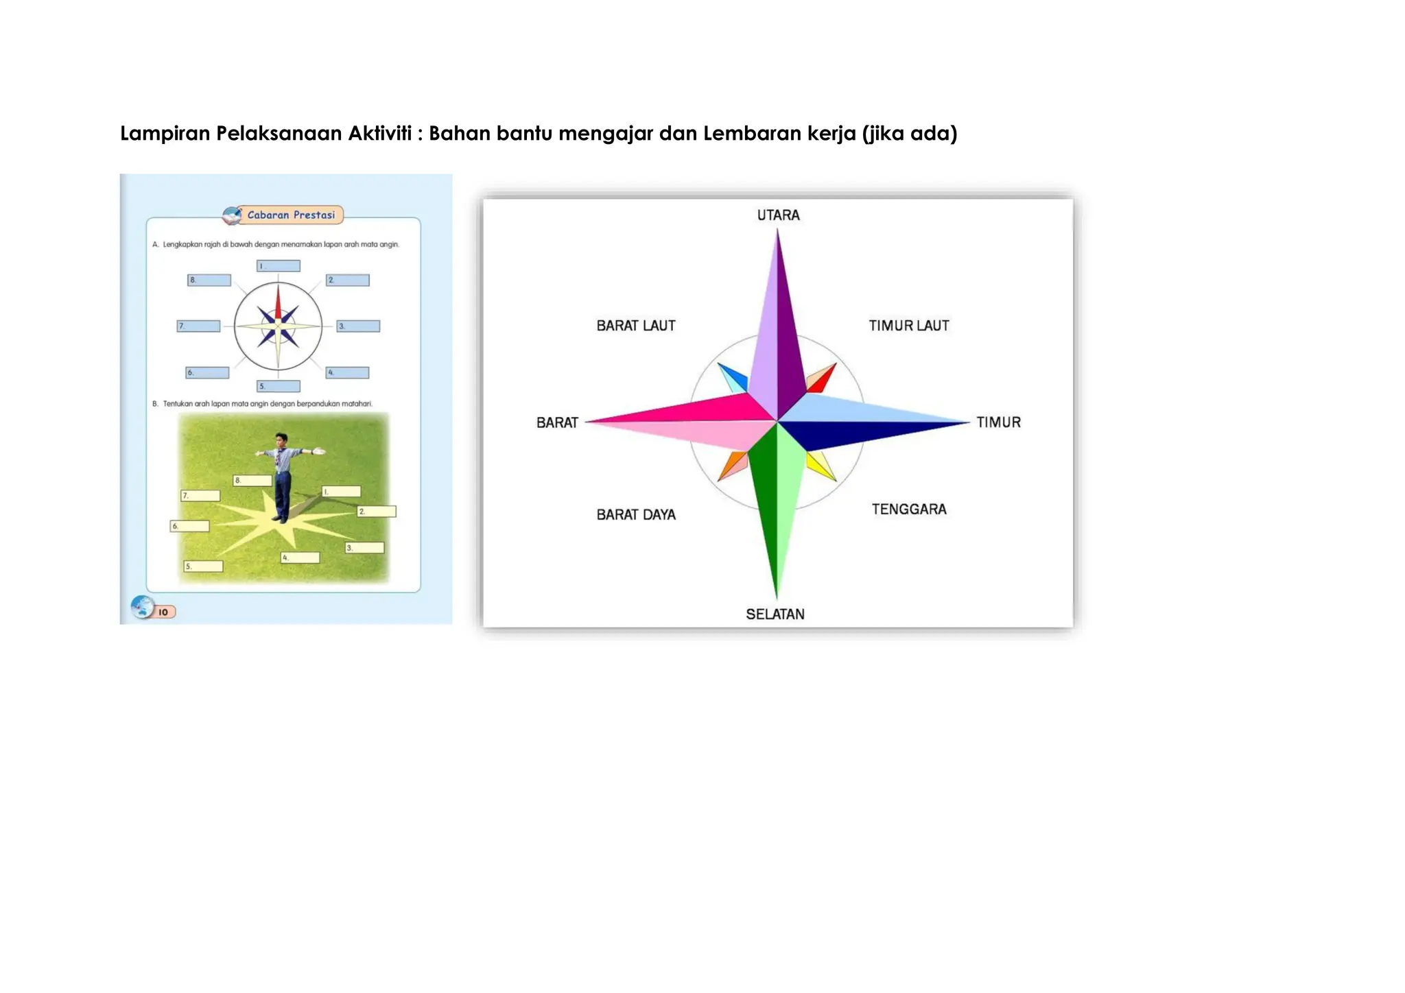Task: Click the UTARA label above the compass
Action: click(x=778, y=215)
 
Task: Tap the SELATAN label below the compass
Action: click(x=775, y=614)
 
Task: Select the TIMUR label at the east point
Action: click(x=998, y=422)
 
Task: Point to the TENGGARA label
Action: click(x=909, y=510)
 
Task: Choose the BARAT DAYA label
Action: click(x=636, y=515)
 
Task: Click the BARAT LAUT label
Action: click(x=636, y=326)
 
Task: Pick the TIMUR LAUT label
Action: click(x=909, y=326)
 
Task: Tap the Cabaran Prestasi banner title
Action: click(x=291, y=215)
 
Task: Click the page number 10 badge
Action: click(x=163, y=612)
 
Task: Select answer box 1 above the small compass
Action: click(x=279, y=266)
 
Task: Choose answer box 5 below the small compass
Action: click(x=279, y=386)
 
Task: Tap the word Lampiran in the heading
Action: click(x=165, y=133)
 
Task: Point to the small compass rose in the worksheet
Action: click(x=278, y=326)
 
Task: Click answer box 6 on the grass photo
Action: click(x=190, y=526)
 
